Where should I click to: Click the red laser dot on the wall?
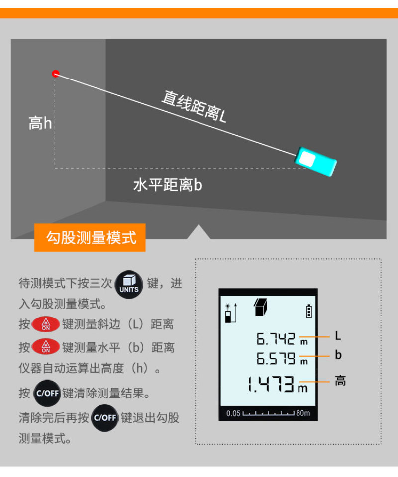[55, 74]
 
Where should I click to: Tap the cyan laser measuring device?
[315, 161]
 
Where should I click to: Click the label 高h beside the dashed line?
[40, 123]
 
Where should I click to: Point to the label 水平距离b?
[168, 185]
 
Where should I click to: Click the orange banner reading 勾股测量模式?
[90, 238]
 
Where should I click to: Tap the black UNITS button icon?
[129, 284]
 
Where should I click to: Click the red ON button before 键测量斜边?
[46, 324]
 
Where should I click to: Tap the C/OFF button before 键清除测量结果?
[47, 393]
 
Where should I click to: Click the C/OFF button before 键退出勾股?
[105, 418]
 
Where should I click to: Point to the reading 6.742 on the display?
[276, 339]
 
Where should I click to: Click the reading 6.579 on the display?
[276, 358]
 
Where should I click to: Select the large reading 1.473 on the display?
[271, 384]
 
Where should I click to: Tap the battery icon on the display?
[309, 311]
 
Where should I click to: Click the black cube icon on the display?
[260, 307]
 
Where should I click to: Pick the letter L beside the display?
[338, 336]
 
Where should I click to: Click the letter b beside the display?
[338, 355]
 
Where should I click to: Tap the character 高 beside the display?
[340, 381]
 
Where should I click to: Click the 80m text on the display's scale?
[303, 413]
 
